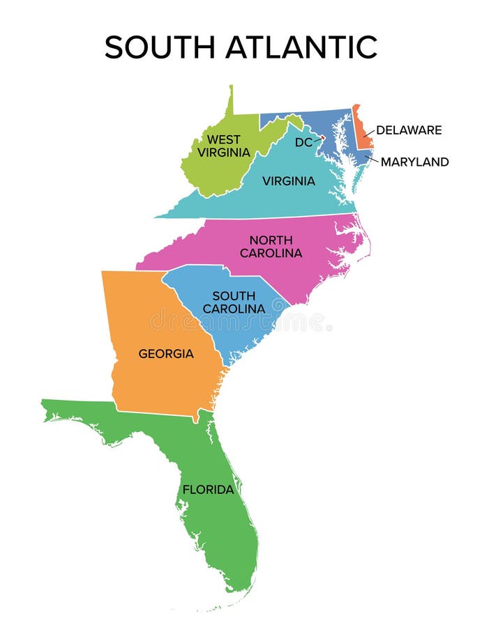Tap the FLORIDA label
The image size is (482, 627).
[208, 490]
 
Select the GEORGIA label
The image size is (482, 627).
[166, 353]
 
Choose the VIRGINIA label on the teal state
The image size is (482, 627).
[288, 181]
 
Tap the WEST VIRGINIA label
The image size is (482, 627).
[223, 146]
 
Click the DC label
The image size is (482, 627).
[303, 142]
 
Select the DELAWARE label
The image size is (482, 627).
[409, 130]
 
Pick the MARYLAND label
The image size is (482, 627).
[414, 162]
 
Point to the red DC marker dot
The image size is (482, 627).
[322, 138]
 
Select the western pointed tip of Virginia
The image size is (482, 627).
[158, 217]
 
